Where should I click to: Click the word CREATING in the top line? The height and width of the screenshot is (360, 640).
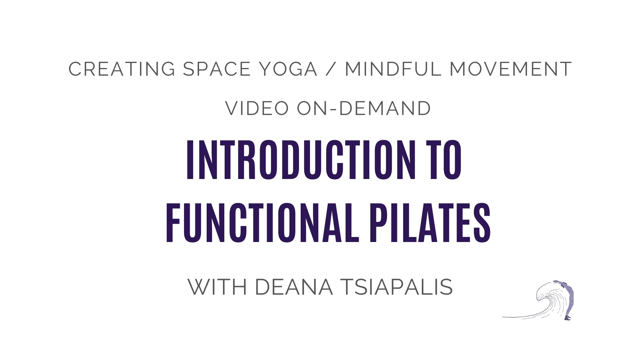[122, 69]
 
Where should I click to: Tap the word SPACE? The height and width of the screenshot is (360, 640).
[217, 69]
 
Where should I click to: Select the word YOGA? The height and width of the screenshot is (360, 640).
[288, 69]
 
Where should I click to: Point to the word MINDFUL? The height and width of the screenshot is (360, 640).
[393, 69]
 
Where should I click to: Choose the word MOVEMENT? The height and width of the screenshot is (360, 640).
[511, 69]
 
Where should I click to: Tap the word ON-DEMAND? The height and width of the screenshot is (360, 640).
[364, 108]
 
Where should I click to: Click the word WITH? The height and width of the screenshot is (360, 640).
[217, 287]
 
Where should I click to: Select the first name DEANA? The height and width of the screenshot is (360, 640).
[294, 287]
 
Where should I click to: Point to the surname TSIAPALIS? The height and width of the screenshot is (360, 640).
[396, 287]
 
